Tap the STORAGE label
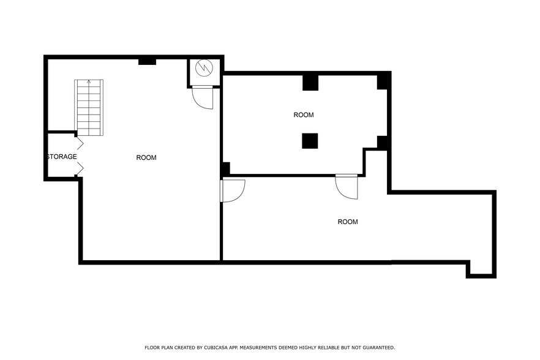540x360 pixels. tap(62, 157)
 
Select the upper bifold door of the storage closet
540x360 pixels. tap(79, 144)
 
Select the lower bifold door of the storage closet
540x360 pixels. tap(79, 168)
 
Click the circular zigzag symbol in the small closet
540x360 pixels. tap(204, 69)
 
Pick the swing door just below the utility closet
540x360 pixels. tap(203, 98)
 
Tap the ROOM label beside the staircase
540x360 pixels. tap(146, 158)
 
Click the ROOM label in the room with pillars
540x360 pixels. tap(304, 115)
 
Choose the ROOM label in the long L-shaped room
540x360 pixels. tap(348, 222)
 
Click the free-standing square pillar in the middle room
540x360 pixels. tap(310, 141)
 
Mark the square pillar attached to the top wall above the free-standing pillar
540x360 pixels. tap(310, 82)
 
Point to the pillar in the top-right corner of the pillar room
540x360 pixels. tap(383, 81)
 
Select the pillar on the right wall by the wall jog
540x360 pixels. tap(383, 143)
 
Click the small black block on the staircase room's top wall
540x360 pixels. tap(147, 61)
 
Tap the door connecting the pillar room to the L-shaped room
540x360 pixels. tap(347, 186)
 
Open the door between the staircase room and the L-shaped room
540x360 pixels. tap(232, 190)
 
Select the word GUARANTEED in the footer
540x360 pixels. tap(376, 347)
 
